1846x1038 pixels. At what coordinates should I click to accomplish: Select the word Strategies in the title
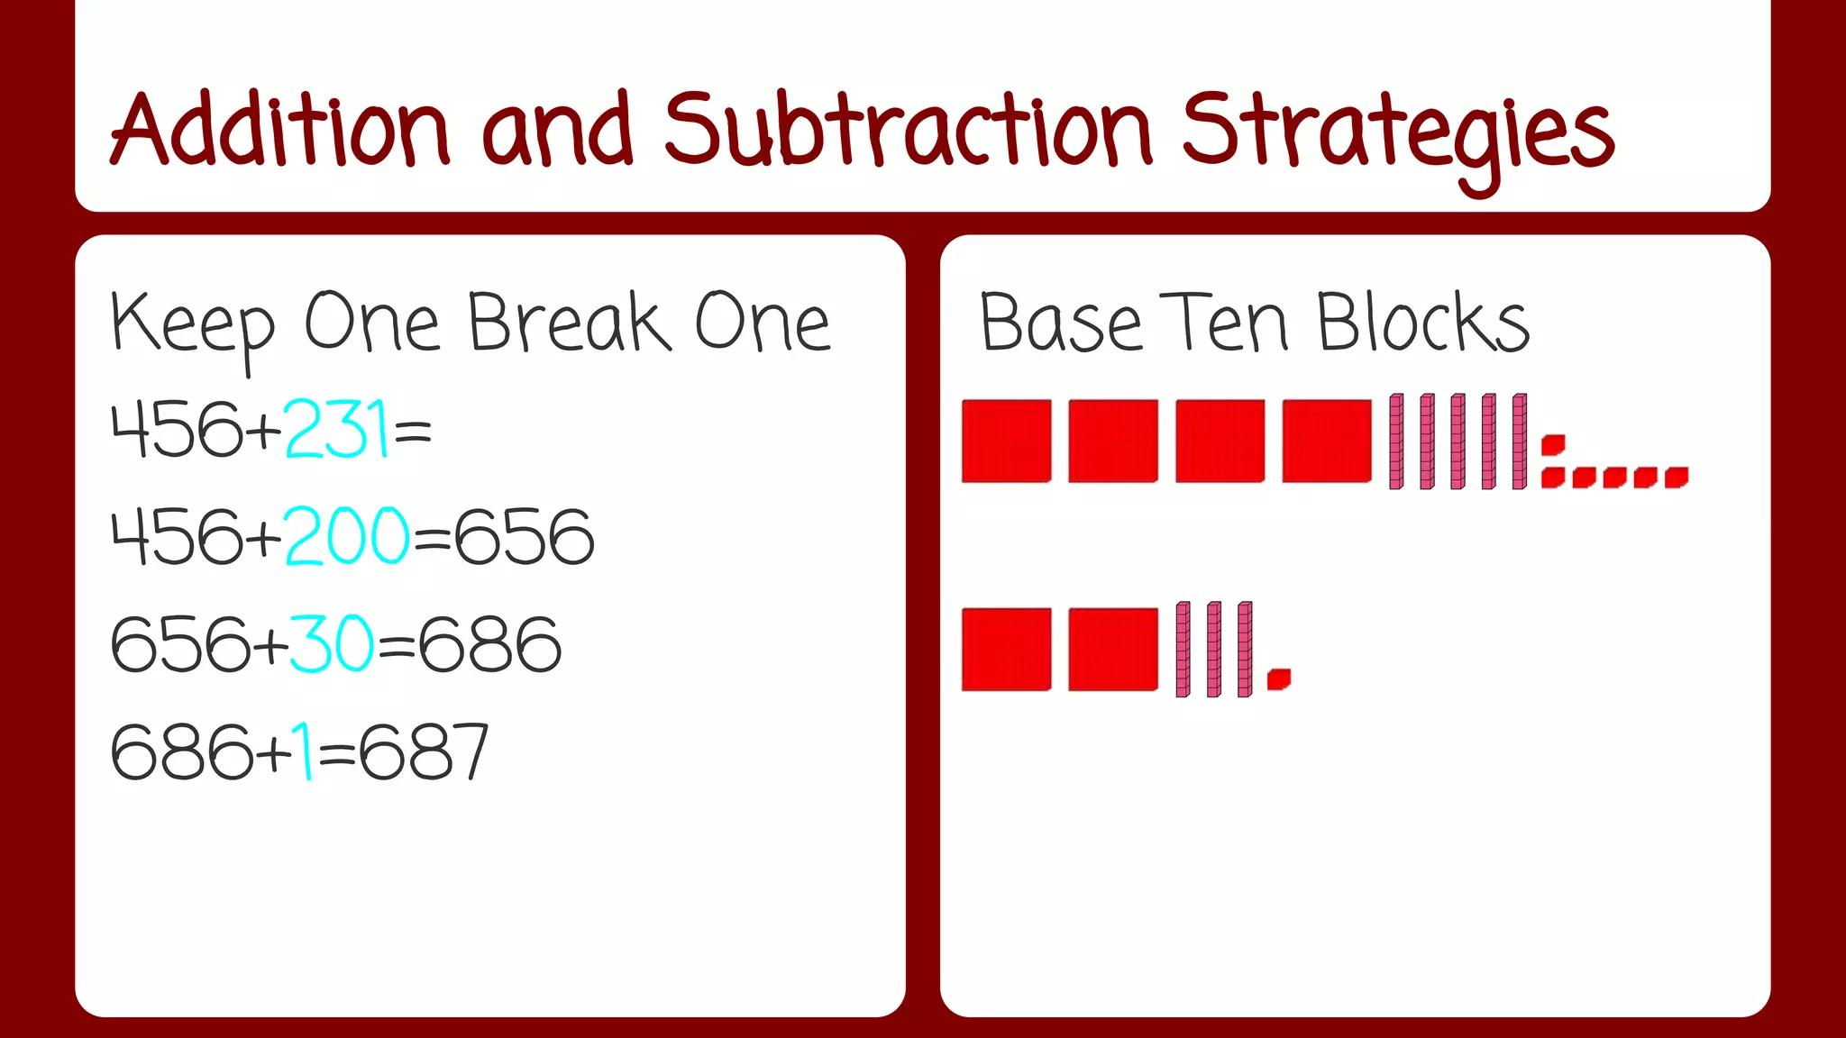point(1397,135)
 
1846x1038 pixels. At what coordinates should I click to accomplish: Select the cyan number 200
point(348,537)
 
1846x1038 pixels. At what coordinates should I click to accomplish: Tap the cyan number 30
point(331,644)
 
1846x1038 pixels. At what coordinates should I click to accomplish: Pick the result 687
point(424,752)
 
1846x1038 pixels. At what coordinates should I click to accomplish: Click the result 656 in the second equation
point(524,537)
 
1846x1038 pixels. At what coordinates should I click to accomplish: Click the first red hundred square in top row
point(1006,442)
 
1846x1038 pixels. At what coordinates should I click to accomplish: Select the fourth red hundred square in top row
point(1327,442)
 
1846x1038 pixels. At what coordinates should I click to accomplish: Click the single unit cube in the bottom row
point(1278,679)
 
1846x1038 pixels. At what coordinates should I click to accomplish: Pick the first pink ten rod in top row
point(1396,442)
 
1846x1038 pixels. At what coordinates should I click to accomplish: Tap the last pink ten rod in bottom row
point(1245,650)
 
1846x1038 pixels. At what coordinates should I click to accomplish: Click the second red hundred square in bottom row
point(1113,650)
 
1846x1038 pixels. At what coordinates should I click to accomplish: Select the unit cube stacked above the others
point(1553,445)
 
